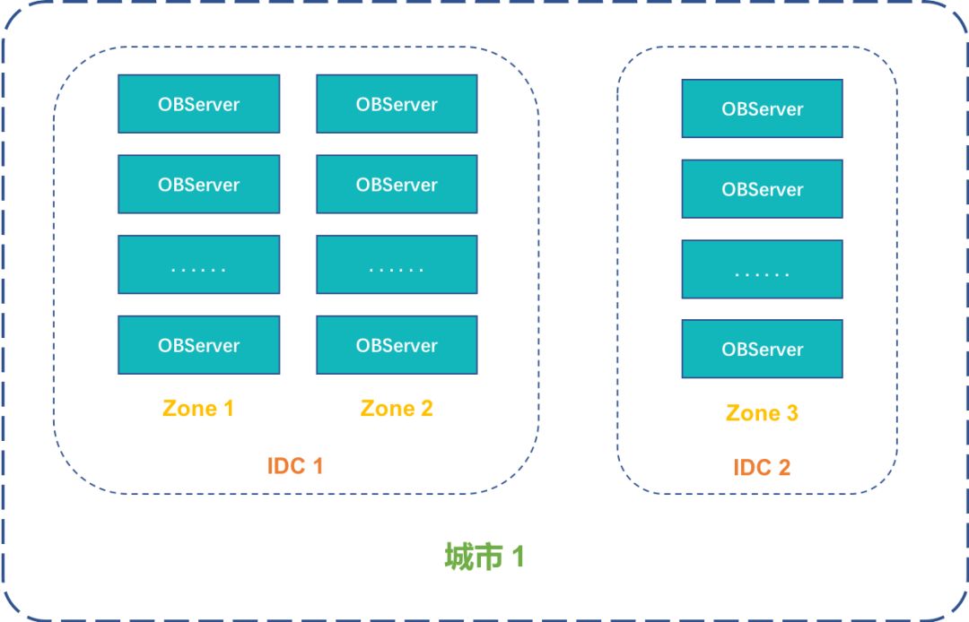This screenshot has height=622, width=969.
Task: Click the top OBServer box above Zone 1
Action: coord(198,104)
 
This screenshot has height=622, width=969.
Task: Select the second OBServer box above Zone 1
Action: coord(198,185)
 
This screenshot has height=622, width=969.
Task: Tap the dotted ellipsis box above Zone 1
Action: coord(198,265)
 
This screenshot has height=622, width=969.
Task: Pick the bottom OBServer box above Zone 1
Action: coord(198,345)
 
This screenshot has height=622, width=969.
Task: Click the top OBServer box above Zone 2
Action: coord(397,104)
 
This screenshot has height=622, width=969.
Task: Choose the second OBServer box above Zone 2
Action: coord(397,185)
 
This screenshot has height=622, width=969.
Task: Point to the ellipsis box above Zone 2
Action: coord(397,265)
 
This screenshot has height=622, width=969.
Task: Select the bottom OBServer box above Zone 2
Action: coord(397,345)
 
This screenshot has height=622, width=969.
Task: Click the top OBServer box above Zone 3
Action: coord(762,108)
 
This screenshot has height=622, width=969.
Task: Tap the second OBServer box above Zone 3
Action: coord(762,189)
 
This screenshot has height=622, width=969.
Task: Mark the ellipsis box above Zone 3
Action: coord(762,270)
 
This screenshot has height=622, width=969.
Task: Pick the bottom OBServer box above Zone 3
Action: coord(762,350)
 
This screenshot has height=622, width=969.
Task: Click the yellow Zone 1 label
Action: coord(198,409)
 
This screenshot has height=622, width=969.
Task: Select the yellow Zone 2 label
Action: coord(397,409)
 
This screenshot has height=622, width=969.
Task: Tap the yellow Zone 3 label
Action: coord(762,413)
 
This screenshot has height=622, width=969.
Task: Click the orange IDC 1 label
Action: coord(295,466)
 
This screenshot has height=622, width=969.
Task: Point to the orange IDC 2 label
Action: coord(762,467)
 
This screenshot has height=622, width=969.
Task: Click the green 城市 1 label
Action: coord(484,557)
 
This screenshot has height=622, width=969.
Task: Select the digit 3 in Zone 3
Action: coord(790,413)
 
